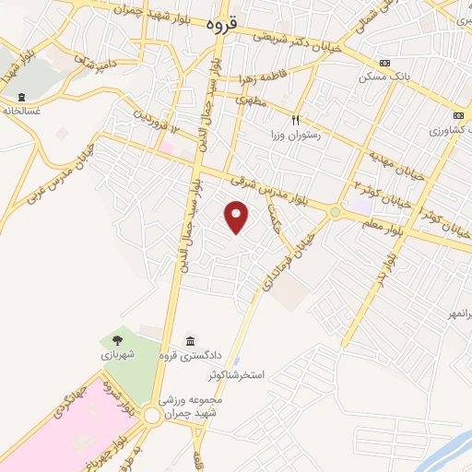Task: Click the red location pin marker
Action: coord(237,217)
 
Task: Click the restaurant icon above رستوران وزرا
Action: coord(296,119)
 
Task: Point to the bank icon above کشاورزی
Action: coord(458,114)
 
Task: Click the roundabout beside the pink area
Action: coord(151,418)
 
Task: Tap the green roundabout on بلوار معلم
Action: coord(335,212)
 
